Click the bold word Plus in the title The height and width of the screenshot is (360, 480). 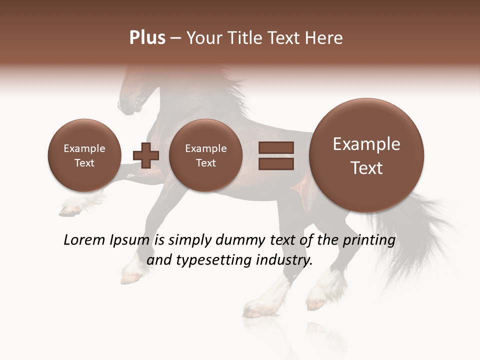[147, 38]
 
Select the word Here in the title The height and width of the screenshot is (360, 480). [325, 38]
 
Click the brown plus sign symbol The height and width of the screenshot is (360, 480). [146, 155]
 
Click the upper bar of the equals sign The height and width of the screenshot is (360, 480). [275, 147]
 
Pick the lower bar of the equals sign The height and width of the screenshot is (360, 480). [275, 163]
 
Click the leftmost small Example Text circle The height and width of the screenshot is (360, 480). [84, 155]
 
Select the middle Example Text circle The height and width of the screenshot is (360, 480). [206, 155]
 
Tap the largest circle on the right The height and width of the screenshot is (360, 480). [366, 155]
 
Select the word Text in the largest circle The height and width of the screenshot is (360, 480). [366, 168]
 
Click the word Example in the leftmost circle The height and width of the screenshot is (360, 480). [84, 148]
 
